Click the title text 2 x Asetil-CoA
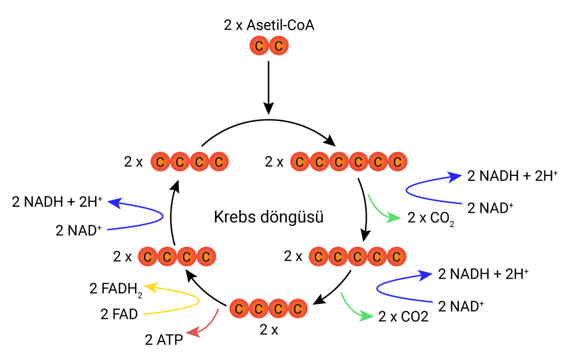pyautogui.click(x=269, y=25)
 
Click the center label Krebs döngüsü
pyautogui.click(x=268, y=217)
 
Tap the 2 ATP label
pyautogui.click(x=164, y=341)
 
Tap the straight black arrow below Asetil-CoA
pyautogui.click(x=268, y=88)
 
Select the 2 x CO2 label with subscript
pyautogui.click(x=431, y=218)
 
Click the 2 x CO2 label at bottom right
pyautogui.click(x=403, y=317)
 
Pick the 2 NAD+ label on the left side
pyautogui.click(x=79, y=230)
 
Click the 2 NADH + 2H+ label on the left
pyautogui.click(x=57, y=202)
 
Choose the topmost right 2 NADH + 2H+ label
pyautogui.click(x=512, y=176)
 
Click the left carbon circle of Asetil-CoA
pyautogui.click(x=259, y=46)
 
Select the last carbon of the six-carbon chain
pyautogui.click(x=396, y=162)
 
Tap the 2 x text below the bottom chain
pyautogui.click(x=269, y=330)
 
